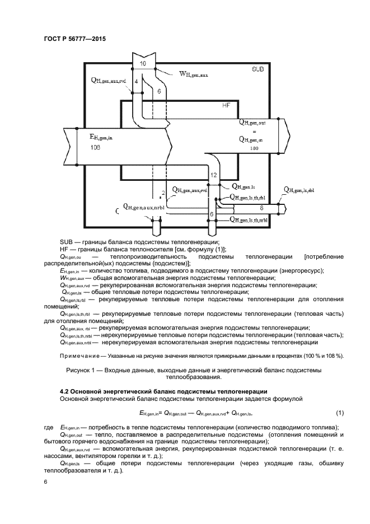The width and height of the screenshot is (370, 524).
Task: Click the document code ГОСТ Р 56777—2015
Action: click(x=74, y=39)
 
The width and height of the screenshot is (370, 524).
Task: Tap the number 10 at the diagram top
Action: click(x=143, y=64)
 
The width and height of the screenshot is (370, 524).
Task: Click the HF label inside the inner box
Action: click(x=226, y=105)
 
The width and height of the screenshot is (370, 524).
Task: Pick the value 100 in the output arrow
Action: click(x=254, y=149)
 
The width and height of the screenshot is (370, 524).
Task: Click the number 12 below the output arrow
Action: click(x=213, y=175)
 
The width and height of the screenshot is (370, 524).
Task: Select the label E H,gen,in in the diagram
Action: click(x=101, y=135)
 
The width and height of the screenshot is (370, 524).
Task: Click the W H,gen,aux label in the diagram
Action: click(x=193, y=73)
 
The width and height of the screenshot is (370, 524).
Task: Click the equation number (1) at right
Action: click(x=339, y=413)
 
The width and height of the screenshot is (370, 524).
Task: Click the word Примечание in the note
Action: click(x=78, y=357)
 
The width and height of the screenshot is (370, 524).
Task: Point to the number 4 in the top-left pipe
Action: click(x=136, y=82)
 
